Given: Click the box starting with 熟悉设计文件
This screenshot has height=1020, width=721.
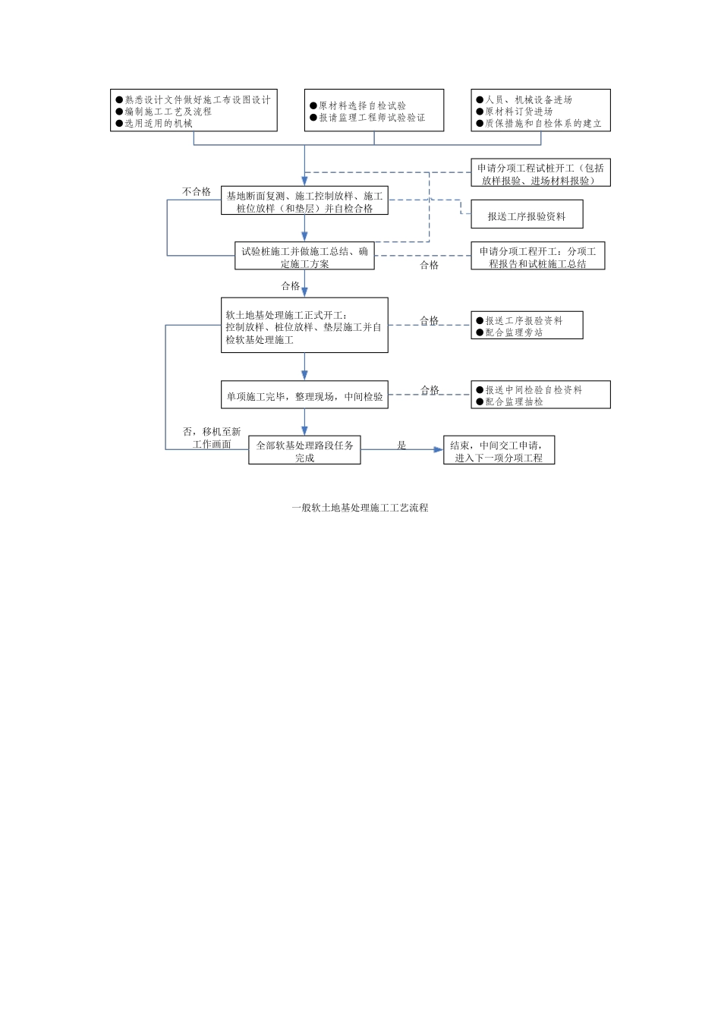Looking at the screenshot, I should (194, 111).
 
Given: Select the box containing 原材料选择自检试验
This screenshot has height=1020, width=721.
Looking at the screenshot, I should (373, 111).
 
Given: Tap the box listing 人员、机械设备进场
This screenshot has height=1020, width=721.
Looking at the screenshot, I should (540, 111).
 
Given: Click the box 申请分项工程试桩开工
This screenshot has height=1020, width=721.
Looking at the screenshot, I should (540, 174).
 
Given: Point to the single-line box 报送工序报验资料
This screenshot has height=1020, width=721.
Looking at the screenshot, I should (527, 216).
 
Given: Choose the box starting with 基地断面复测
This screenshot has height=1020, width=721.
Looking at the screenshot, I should (304, 202).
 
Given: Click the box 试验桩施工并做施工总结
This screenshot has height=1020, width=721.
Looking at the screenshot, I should (304, 257).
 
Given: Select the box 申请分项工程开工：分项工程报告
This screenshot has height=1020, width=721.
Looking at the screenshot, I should (537, 257).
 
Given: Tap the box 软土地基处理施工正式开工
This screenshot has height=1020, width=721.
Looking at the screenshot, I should (304, 326).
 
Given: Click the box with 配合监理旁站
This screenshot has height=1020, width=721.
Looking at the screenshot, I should (527, 326).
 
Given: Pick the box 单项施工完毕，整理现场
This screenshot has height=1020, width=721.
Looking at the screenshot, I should (304, 395).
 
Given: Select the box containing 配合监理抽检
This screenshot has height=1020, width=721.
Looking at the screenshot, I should (540, 395).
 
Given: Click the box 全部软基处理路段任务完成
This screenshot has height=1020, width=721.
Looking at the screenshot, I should (304, 451).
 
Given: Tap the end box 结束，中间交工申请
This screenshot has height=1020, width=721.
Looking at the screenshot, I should (499, 451).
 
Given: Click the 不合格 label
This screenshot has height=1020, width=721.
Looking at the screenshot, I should (197, 192).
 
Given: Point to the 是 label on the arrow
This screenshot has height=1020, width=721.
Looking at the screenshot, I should (401, 445).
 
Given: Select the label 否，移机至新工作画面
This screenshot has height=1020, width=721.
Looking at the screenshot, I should (212, 438).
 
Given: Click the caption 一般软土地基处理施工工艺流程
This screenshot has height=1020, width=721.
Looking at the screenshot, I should (360, 508).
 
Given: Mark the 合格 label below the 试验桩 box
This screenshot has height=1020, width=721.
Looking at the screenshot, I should (291, 286).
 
